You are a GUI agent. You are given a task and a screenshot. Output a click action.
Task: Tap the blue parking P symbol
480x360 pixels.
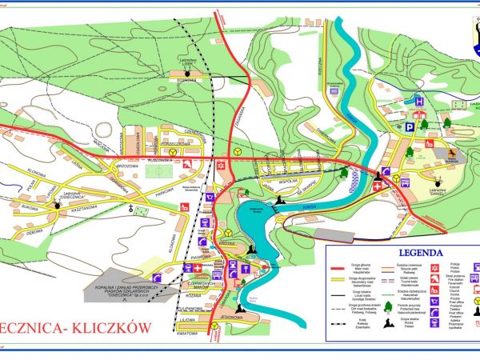408,126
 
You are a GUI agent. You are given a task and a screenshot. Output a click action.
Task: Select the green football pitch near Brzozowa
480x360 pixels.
161,171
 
